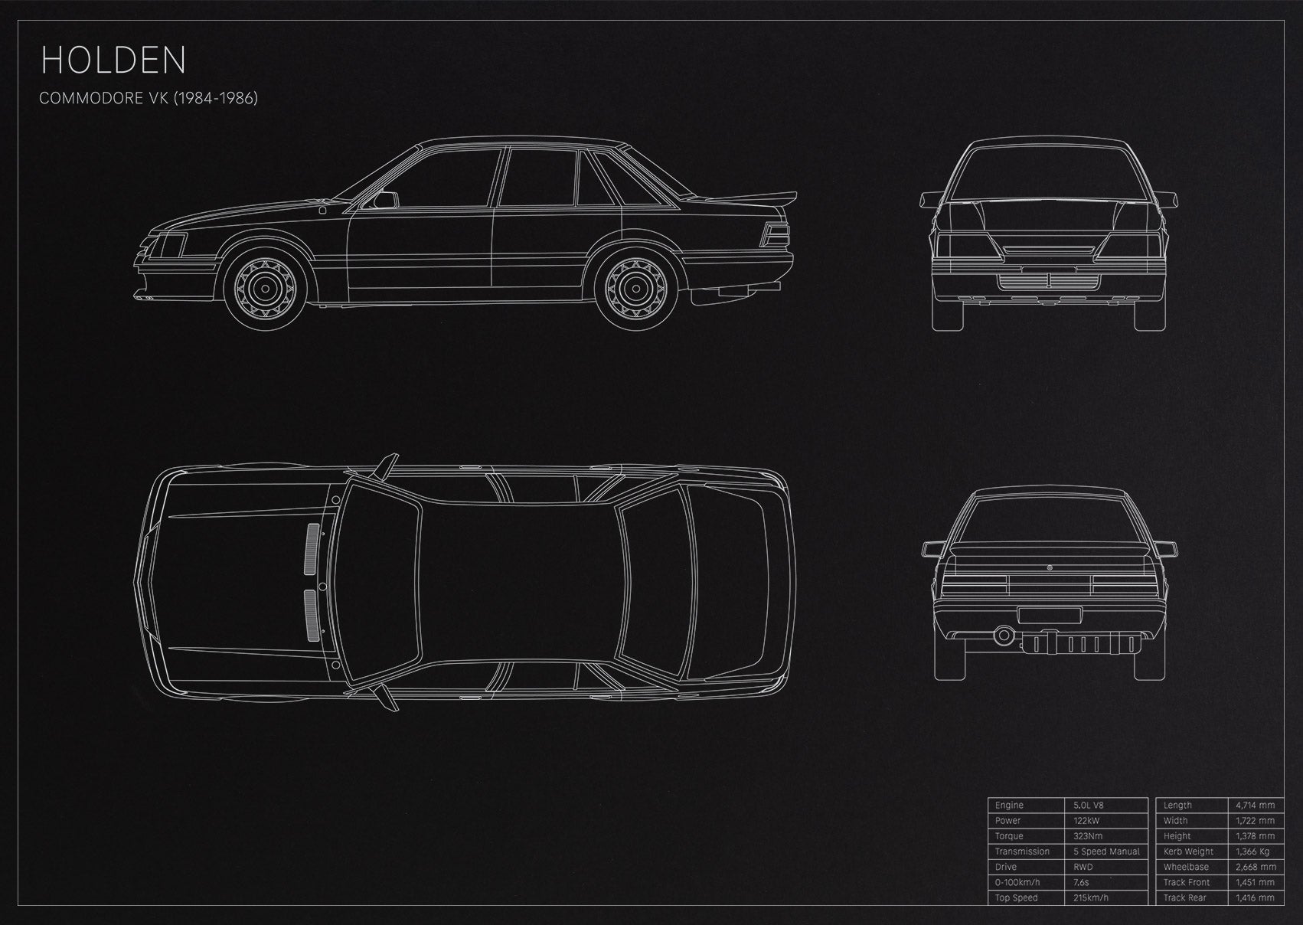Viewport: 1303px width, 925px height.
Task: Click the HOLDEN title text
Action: [x=113, y=60]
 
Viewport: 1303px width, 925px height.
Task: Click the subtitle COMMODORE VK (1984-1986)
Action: [x=149, y=98]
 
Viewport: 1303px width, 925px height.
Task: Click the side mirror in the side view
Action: [x=385, y=200]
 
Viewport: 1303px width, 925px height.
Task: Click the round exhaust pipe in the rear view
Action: [x=1003, y=635]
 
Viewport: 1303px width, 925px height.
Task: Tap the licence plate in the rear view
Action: [x=1050, y=615]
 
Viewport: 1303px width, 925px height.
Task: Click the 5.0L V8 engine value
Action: [x=1089, y=805]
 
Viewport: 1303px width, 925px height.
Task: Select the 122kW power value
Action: [x=1086, y=821]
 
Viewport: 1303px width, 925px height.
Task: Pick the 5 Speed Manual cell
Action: [x=1106, y=851]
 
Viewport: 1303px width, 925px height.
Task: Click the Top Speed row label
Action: [x=1016, y=897]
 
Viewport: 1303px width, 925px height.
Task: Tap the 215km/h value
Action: [x=1091, y=897]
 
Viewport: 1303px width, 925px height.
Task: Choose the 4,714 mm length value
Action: [x=1256, y=805]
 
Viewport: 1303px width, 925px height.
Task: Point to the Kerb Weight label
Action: [x=1188, y=851]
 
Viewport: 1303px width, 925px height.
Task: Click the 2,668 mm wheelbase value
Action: [x=1256, y=867]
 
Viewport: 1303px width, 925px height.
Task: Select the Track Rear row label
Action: [x=1185, y=897]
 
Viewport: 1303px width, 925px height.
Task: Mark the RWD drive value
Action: [x=1083, y=867]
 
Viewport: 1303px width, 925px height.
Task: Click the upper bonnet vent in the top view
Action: [x=312, y=548]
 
